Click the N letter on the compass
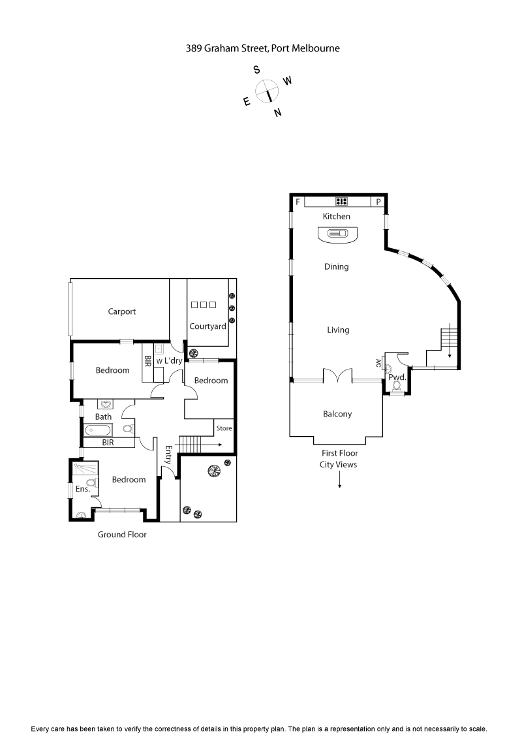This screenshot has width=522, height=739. pyautogui.click(x=278, y=112)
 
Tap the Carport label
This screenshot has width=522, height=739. pyautogui.click(x=122, y=311)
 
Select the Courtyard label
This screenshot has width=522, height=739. pyautogui.click(x=207, y=326)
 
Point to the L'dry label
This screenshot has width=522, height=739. pyautogui.click(x=173, y=360)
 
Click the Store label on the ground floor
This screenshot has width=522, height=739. pyautogui.click(x=224, y=428)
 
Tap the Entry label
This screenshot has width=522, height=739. pyautogui.click(x=168, y=454)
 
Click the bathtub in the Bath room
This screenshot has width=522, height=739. pyautogui.click(x=99, y=430)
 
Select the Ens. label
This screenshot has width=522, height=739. pyautogui.click(x=82, y=488)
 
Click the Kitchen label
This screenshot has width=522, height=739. pyautogui.click(x=337, y=216)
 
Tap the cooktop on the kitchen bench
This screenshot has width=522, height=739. pyautogui.click(x=341, y=202)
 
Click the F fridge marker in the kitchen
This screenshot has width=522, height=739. pyautogui.click(x=298, y=202)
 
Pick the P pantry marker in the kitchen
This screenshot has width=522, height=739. pyautogui.click(x=378, y=202)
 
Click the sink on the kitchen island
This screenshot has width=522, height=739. pyautogui.click(x=338, y=233)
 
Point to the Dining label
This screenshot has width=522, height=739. pyautogui.click(x=337, y=266)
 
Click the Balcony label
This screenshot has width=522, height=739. pyautogui.click(x=337, y=414)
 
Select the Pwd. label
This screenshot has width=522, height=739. pyautogui.click(x=397, y=377)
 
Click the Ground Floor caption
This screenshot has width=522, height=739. pyautogui.click(x=122, y=535)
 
